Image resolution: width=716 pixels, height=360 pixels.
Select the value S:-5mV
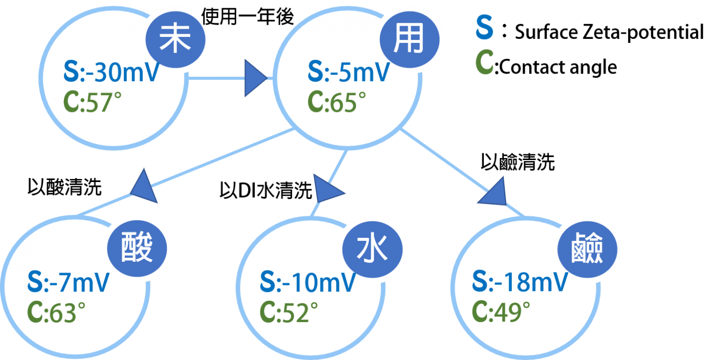coord(349,73)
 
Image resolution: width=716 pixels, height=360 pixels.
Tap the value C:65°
coord(337,102)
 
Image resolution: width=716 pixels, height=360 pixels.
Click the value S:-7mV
coord(69,283)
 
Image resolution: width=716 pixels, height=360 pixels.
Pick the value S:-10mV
coord(307,283)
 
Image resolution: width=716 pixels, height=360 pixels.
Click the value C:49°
coord(501,312)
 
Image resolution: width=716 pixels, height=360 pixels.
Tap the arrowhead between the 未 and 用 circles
coord(254,78)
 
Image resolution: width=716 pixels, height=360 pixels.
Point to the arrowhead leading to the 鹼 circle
coord(495,193)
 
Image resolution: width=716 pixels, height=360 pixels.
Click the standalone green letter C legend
coord(484,63)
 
